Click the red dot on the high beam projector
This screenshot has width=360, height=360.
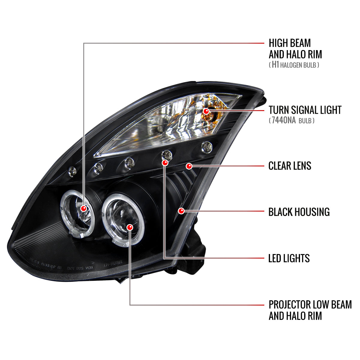point(84,208)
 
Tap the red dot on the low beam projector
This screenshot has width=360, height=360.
point(130,227)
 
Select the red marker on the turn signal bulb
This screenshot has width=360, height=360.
point(206,111)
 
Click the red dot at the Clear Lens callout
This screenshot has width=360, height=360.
point(189,166)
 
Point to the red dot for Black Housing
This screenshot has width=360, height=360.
point(181,211)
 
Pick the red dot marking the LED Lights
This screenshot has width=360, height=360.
point(165,163)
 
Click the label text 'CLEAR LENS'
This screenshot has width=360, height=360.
point(289,166)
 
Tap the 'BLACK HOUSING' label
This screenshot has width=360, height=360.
point(299,212)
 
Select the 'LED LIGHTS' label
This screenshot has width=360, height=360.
point(289,258)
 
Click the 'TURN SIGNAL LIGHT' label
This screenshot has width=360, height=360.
point(305,110)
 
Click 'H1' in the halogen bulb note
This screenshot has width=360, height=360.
point(275,65)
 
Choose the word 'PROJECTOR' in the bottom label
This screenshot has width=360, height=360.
point(289,304)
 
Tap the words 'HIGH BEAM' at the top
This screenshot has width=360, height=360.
point(289,43)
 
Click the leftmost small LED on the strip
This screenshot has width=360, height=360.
point(72,171)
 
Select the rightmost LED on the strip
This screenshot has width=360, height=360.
point(207,147)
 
